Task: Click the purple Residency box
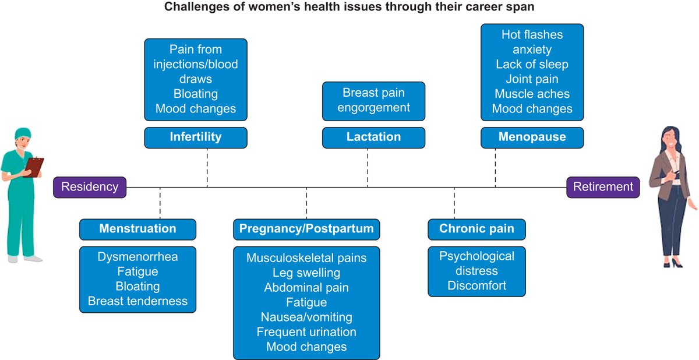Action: pos(90,187)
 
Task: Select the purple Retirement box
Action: pos(603,187)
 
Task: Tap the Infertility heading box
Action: pos(196,137)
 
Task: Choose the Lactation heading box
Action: pos(373,137)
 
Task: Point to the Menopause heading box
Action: pos(532,137)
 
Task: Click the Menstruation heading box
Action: pos(137,229)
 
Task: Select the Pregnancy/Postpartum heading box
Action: pos(306,229)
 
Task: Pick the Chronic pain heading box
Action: pos(476,229)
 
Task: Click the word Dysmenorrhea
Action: pos(137,257)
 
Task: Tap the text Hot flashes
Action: pos(532,34)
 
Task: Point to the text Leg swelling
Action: pos(306,273)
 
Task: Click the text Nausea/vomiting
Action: pos(306,317)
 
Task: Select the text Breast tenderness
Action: pos(137,301)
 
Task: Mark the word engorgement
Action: pos(373,108)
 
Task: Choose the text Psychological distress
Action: pos(476,263)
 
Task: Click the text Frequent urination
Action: pos(306,332)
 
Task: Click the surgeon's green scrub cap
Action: pos(22,134)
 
